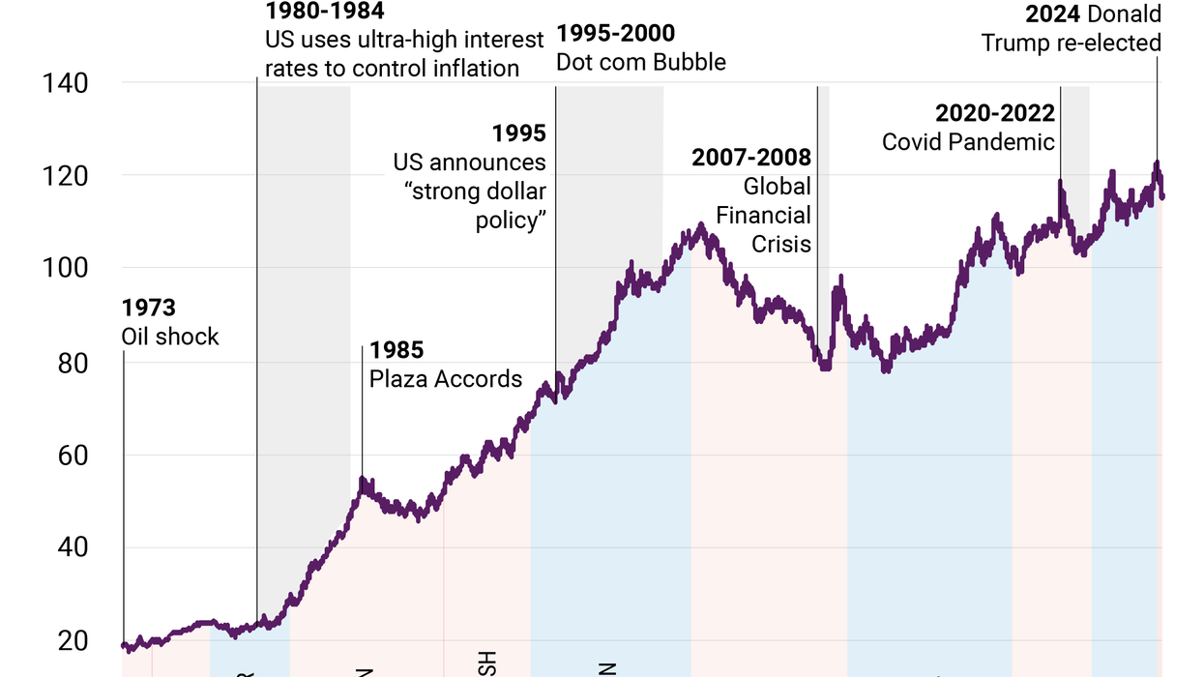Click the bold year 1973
[148, 309]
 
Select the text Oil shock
[170, 337]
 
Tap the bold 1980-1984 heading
[324, 13]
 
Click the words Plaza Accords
[446, 378]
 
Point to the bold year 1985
[396, 350]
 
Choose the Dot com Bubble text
[640, 63]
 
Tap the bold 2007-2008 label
[751, 158]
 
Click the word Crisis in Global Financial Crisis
[781, 244]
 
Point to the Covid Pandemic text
[968, 142]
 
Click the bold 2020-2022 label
[994, 114]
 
